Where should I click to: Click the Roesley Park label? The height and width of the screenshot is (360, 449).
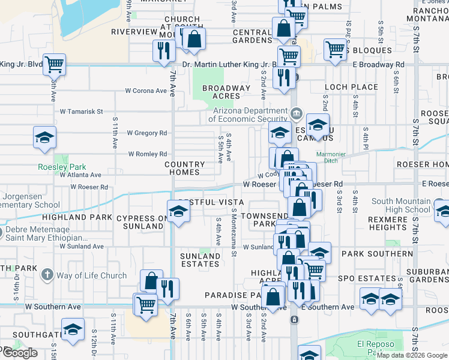62,167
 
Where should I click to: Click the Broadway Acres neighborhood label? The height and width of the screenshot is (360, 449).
226,92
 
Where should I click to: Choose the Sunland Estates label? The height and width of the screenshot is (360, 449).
200,260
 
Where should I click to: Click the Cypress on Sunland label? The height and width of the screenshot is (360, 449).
140,222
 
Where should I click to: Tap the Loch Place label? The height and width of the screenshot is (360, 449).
351,87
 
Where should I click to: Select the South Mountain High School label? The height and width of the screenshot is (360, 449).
401,206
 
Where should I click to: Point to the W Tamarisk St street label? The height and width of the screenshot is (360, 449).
82,112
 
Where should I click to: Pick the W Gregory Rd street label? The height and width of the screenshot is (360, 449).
146,133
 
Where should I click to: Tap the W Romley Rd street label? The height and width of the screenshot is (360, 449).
147,154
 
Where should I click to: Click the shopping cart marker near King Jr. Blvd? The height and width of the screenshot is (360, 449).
55,64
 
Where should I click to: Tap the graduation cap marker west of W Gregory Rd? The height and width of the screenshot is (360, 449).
44,137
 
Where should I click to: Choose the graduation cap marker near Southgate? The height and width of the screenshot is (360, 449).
73,330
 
